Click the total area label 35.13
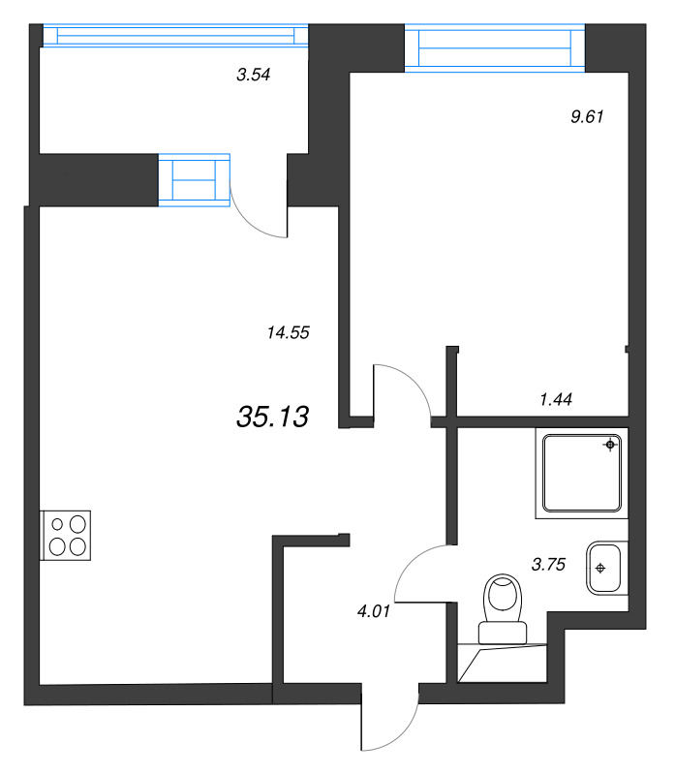[x=272, y=417]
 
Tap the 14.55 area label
[x=287, y=332]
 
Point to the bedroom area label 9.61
[x=588, y=116]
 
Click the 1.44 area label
[x=556, y=397]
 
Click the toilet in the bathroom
[x=504, y=605]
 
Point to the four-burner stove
[x=65, y=534]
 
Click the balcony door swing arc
[x=259, y=210]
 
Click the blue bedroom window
[x=495, y=48]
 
